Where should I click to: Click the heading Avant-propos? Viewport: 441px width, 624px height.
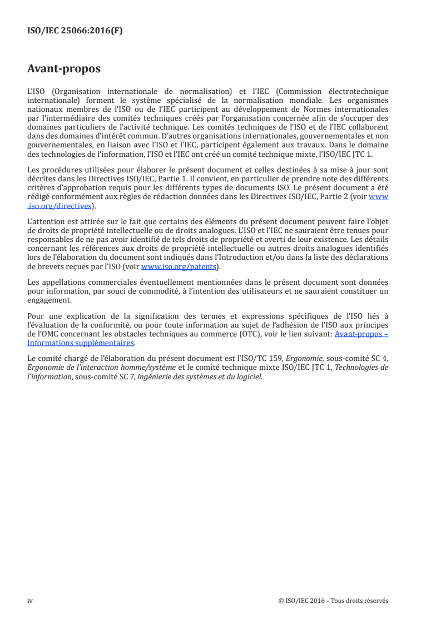tap(64, 69)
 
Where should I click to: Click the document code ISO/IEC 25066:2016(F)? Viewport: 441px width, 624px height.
tap(75, 31)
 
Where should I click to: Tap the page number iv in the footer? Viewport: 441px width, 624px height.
tap(30, 601)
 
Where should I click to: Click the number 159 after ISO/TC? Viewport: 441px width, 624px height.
tap(264, 359)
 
